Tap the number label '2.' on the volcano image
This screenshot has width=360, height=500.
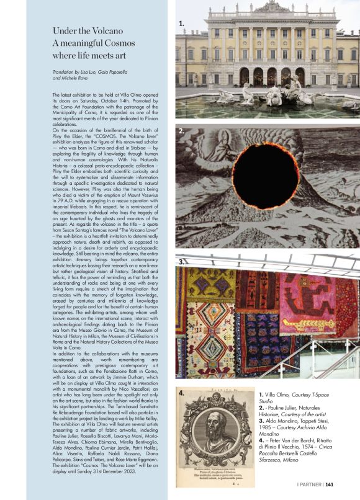(x=181, y=132)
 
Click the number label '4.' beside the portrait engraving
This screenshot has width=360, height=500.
(x=181, y=393)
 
